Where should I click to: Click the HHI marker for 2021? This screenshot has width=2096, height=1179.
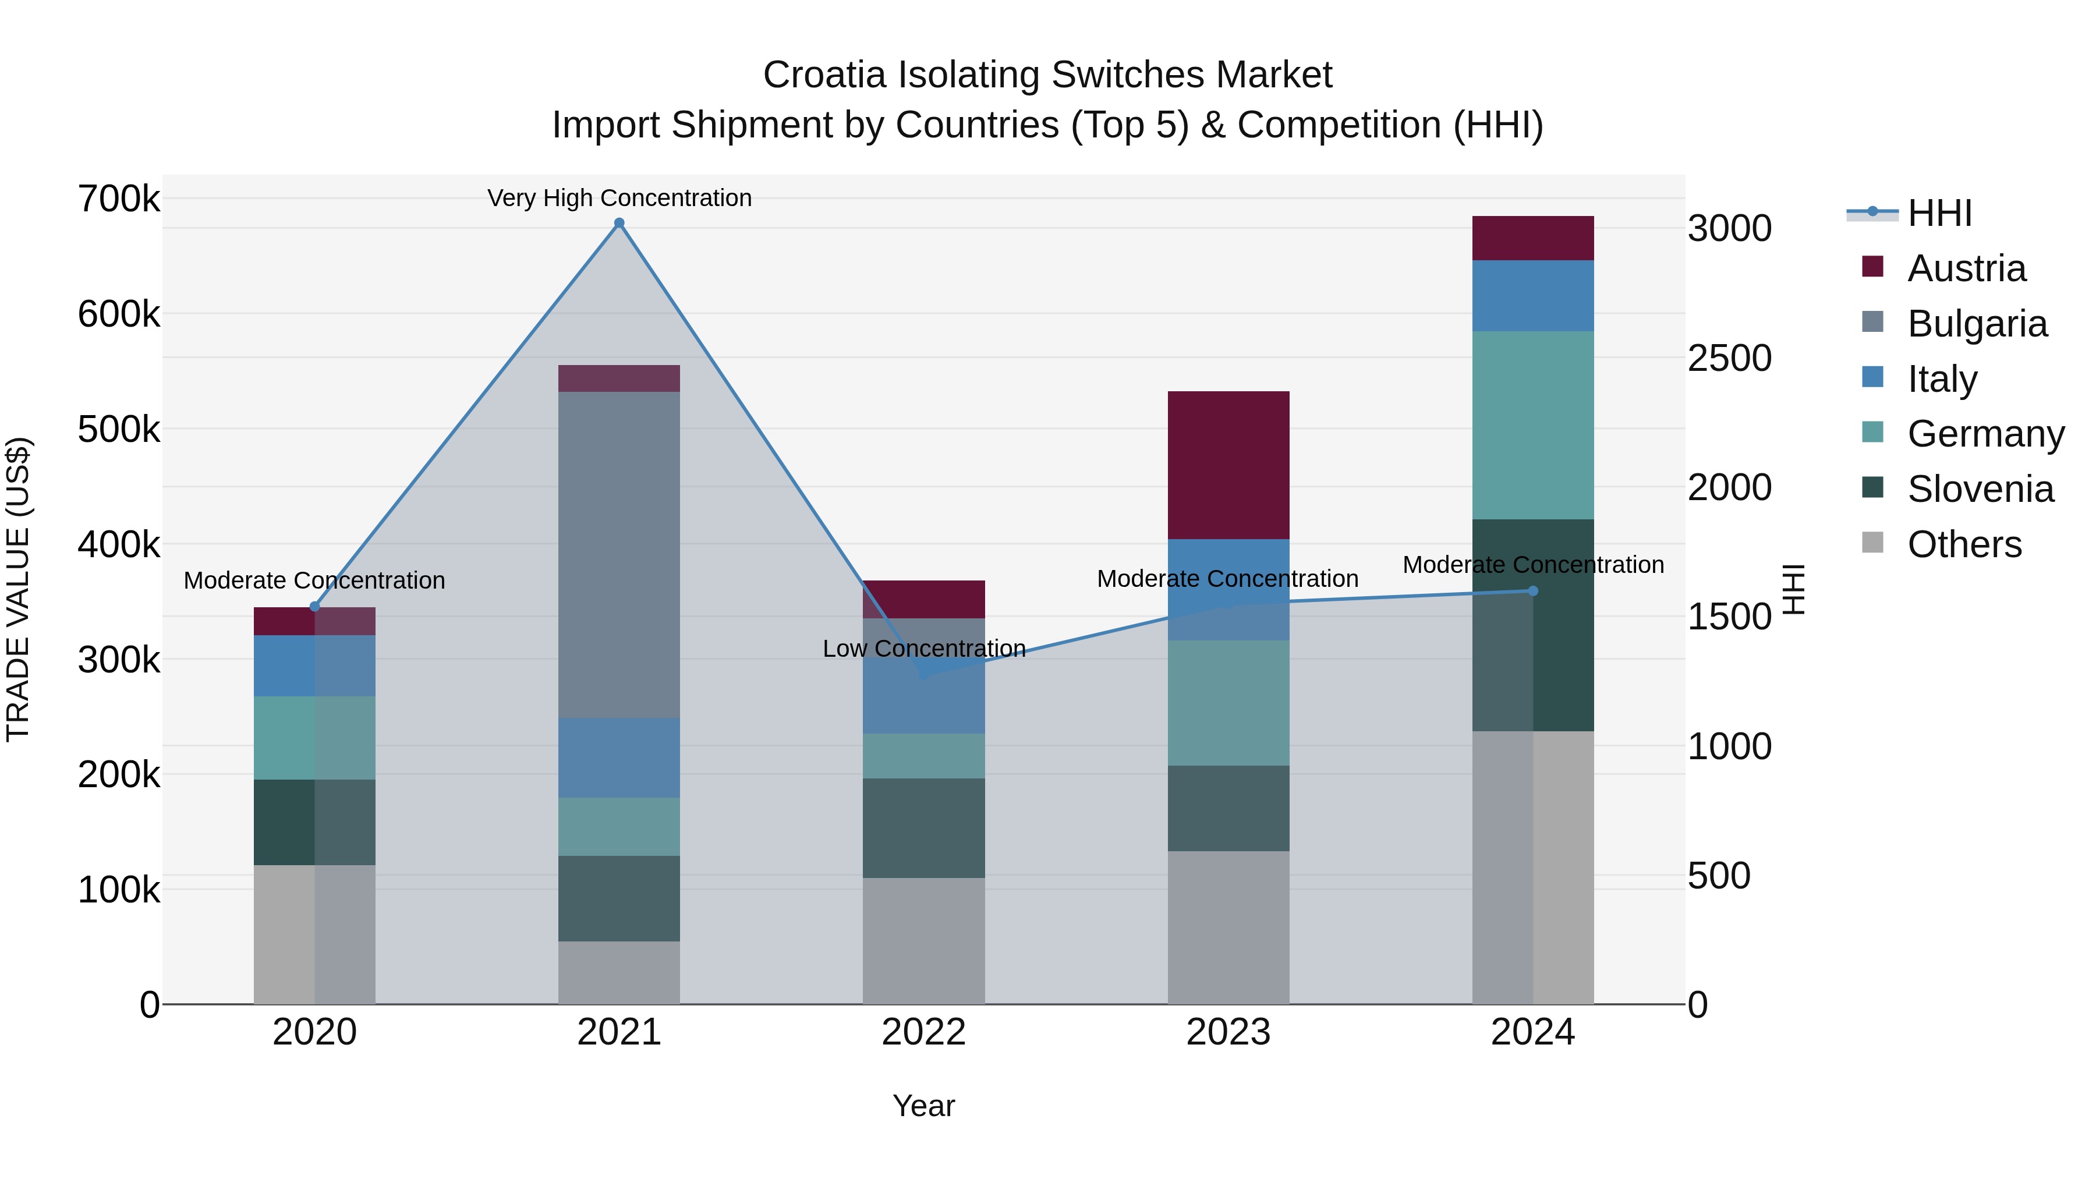pos(619,223)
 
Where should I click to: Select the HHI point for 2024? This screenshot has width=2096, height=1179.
pos(1533,591)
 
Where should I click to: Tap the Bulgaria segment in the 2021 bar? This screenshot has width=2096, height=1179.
pos(619,555)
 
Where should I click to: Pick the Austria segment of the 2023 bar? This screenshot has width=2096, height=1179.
pos(1228,465)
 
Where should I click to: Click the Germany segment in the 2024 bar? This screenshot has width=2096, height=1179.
pos(1533,425)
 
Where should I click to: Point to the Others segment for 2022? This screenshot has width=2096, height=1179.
pos(923,941)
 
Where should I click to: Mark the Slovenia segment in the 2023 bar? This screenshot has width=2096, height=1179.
pos(1228,808)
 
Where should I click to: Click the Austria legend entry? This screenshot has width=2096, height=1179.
pos(1966,268)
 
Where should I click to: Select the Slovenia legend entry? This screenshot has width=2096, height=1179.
pos(1980,489)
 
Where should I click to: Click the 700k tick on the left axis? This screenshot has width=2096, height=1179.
pos(119,199)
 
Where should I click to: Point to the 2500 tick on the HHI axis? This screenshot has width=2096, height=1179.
pos(1730,358)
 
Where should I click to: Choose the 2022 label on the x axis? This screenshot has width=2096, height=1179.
pos(923,1032)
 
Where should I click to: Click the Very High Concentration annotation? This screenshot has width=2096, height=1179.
pos(619,198)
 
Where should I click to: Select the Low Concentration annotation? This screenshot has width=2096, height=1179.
pos(923,649)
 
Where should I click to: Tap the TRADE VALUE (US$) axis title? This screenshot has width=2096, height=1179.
pos(18,589)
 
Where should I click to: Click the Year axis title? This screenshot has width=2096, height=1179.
pos(923,1106)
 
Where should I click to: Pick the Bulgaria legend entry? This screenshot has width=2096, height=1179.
pos(1977,324)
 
